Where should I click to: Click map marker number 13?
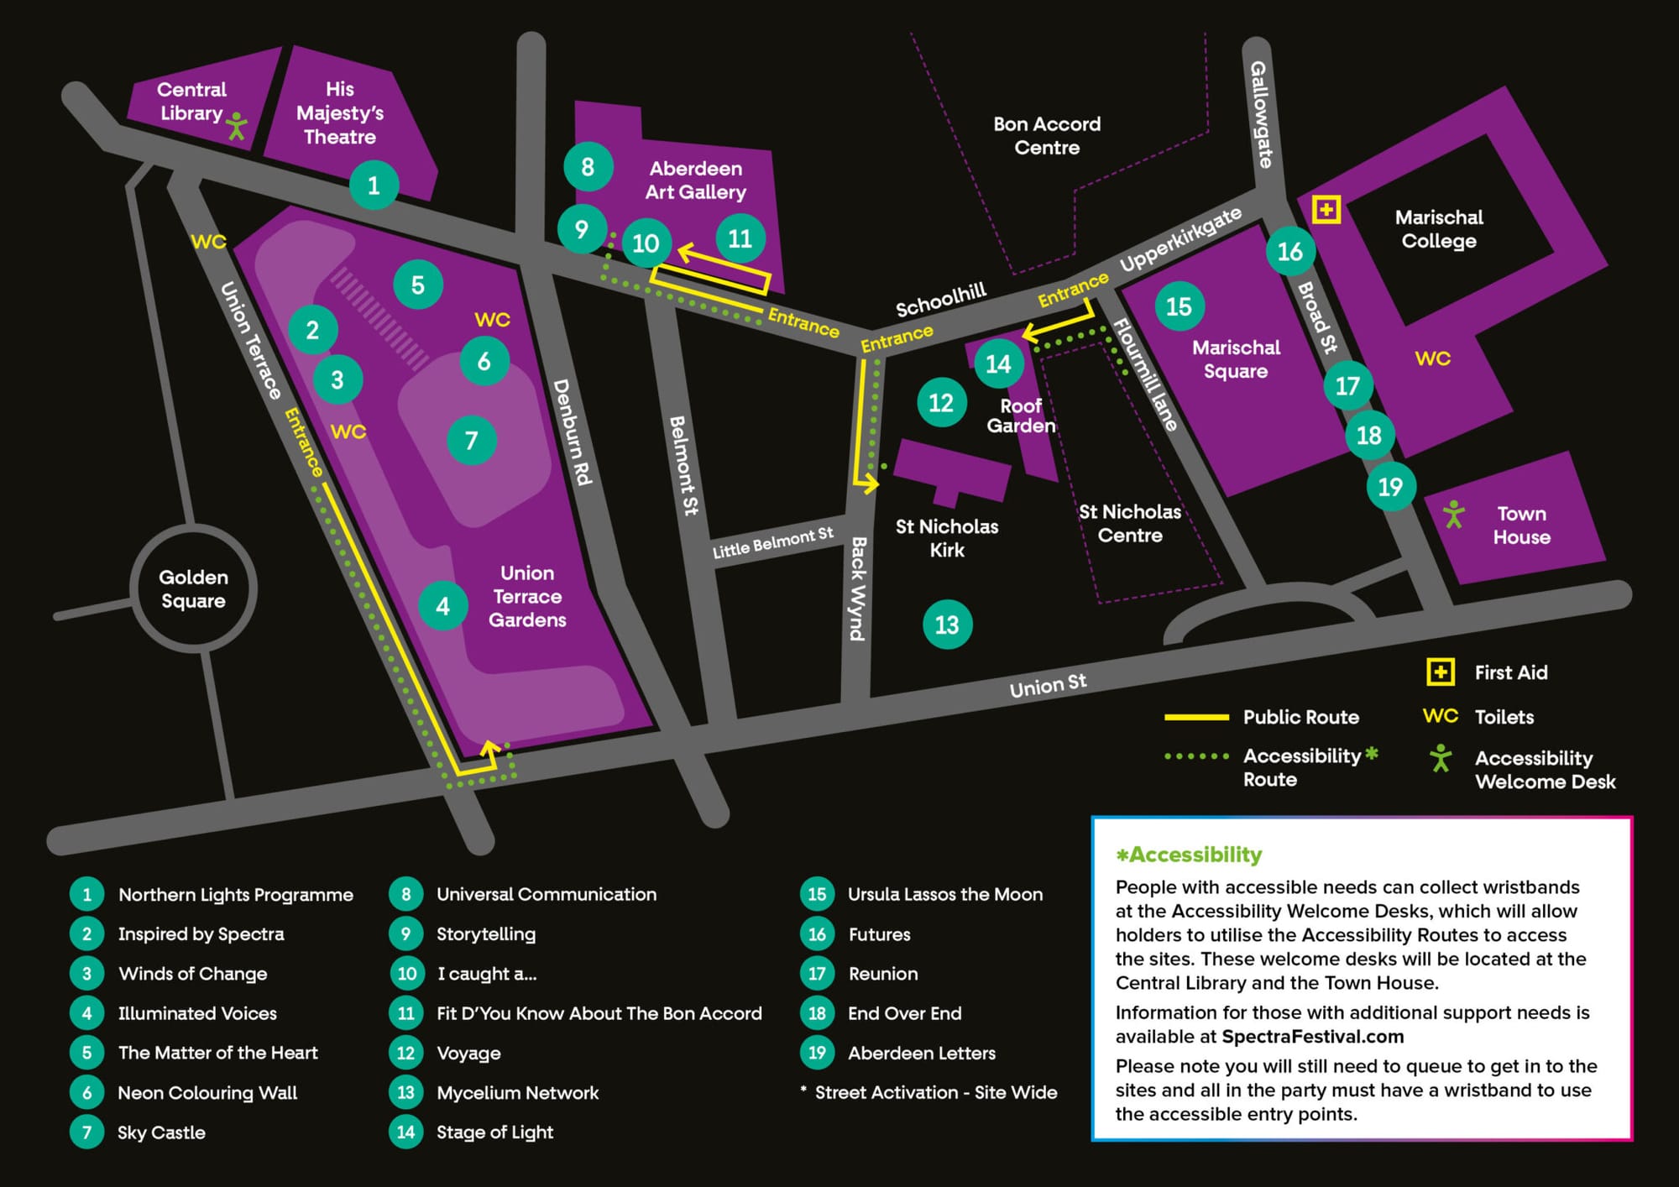(x=947, y=625)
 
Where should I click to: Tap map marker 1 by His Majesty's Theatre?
(x=374, y=185)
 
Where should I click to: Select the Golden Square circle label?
(x=193, y=588)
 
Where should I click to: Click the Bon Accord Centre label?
(x=1046, y=136)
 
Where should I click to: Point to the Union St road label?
(x=1048, y=685)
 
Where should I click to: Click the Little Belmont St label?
(x=772, y=542)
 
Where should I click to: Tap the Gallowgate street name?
(x=1261, y=114)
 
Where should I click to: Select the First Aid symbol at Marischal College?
(x=1326, y=209)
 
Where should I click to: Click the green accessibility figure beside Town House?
(x=1453, y=514)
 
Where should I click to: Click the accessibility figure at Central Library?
(x=238, y=126)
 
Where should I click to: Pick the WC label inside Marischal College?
(x=1432, y=358)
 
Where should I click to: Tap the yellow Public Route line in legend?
(x=1196, y=717)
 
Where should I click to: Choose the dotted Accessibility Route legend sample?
(x=1196, y=756)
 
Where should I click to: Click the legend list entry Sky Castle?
(x=161, y=1132)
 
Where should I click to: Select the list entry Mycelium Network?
(x=517, y=1093)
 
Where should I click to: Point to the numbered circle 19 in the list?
(x=817, y=1053)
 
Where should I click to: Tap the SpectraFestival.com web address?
(x=1312, y=1037)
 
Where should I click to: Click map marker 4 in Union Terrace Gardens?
(x=442, y=606)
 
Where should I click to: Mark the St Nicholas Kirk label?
(x=946, y=538)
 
